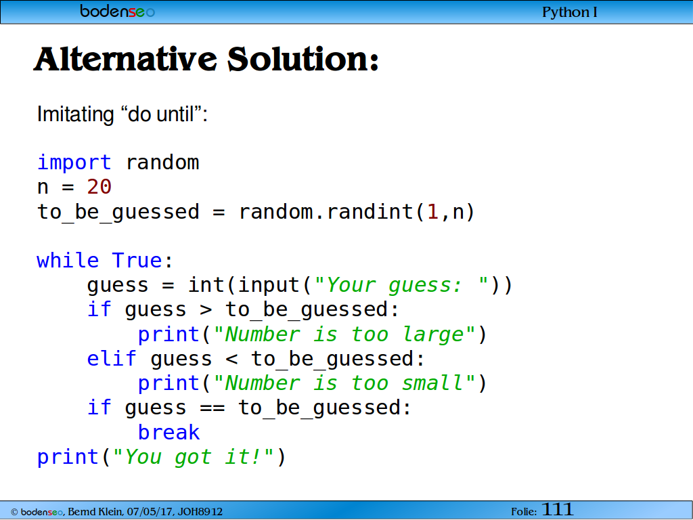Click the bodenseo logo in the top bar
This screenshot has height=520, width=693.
[118, 11]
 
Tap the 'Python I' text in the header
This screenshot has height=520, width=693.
[570, 12]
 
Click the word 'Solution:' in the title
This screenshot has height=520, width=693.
[303, 60]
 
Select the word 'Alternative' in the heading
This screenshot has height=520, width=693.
[125, 60]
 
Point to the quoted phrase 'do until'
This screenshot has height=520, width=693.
[161, 114]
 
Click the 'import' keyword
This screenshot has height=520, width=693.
[74, 162]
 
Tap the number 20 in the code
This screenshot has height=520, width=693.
[99, 187]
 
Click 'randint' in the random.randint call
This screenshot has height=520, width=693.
[370, 211]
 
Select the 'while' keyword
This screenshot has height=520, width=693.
[68, 260]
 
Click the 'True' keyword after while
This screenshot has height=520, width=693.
[137, 260]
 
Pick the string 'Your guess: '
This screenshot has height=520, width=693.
[401, 285]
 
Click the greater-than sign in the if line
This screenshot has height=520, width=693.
[206, 309]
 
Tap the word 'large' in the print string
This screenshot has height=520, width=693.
[433, 334]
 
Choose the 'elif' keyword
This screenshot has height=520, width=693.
[112, 358]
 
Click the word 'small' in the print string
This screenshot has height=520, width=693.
[432, 383]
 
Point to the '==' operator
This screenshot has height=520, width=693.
[212, 408]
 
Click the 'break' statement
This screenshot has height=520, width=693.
[169, 432]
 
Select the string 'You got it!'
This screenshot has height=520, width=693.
[193, 457]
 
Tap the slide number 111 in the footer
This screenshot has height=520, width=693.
[558, 510]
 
